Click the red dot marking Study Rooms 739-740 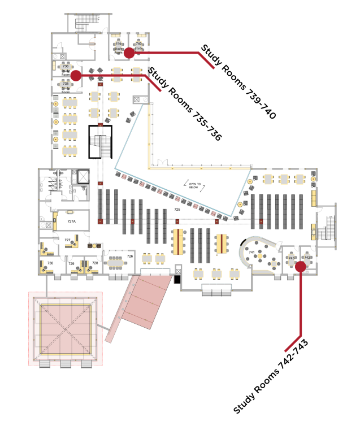coord(129,53)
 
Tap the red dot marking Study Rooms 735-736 coord(76,75)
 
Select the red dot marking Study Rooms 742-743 coord(300,266)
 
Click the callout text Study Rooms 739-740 coord(238,81)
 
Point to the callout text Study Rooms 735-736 coord(184,104)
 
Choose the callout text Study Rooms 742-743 coord(270,377)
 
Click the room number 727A coord(71,221)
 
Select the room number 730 coord(50,263)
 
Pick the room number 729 coord(71,264)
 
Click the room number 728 coord(95,263)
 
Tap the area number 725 coord(177,210)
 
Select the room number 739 coord(119,44)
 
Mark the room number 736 coord(65,67)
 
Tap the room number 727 coord(67,240)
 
